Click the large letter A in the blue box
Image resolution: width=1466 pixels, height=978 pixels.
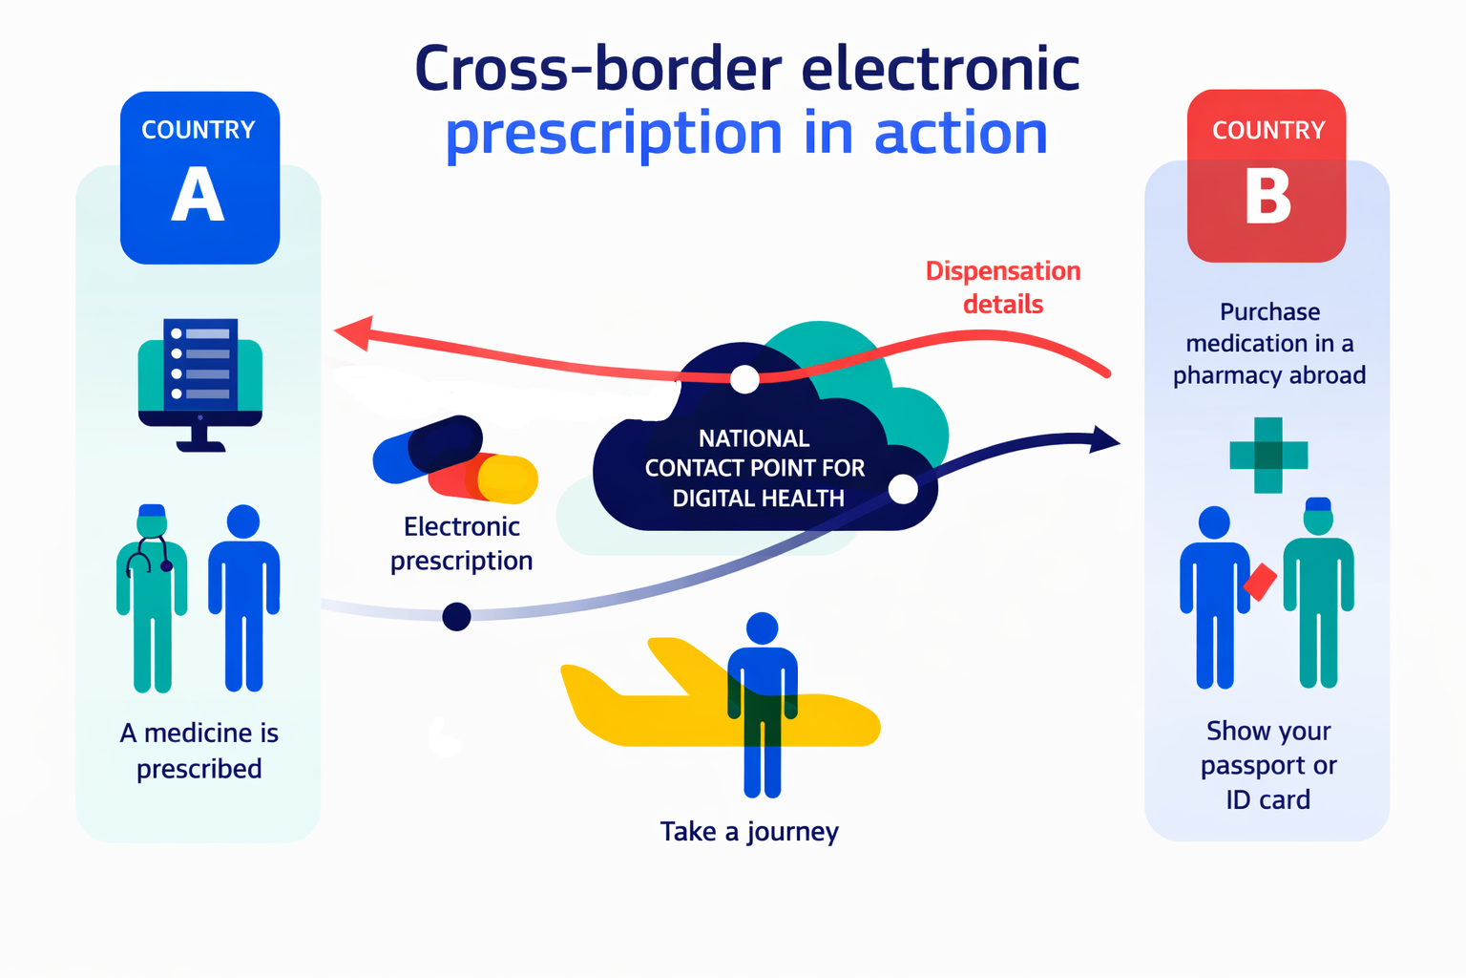click(199, 194)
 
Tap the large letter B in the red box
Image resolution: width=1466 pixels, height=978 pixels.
click(1268, 197)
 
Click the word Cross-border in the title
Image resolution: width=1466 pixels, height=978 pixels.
click(598, 70)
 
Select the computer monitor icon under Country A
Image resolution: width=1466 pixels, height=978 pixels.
click(200, 385)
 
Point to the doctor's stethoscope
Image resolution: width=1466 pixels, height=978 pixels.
click(150, 556)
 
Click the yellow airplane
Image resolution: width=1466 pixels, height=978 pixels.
click(720, 695)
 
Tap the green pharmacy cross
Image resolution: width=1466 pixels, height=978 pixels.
click(1268, 456)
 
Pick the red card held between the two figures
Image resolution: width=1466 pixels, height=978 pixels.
click(1260, 581)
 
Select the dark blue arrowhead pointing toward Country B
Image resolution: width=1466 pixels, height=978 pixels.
click(1104, 439)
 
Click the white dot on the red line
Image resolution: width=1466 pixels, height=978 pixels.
click(744, 379)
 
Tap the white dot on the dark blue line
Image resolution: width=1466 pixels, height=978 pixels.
click(903, 489)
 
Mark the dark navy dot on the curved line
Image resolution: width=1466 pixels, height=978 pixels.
click(457, 616)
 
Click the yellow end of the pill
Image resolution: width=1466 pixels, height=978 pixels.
click(508, 479)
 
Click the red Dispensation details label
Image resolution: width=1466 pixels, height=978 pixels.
click(1003, 287)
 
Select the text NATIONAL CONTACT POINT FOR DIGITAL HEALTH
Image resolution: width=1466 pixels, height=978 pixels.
click(755, 468)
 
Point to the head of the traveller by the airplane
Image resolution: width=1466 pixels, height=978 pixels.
click(763, 628)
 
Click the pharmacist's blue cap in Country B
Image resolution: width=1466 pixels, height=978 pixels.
click(1318, 503)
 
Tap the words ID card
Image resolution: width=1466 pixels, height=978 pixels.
click(1268, 799)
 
